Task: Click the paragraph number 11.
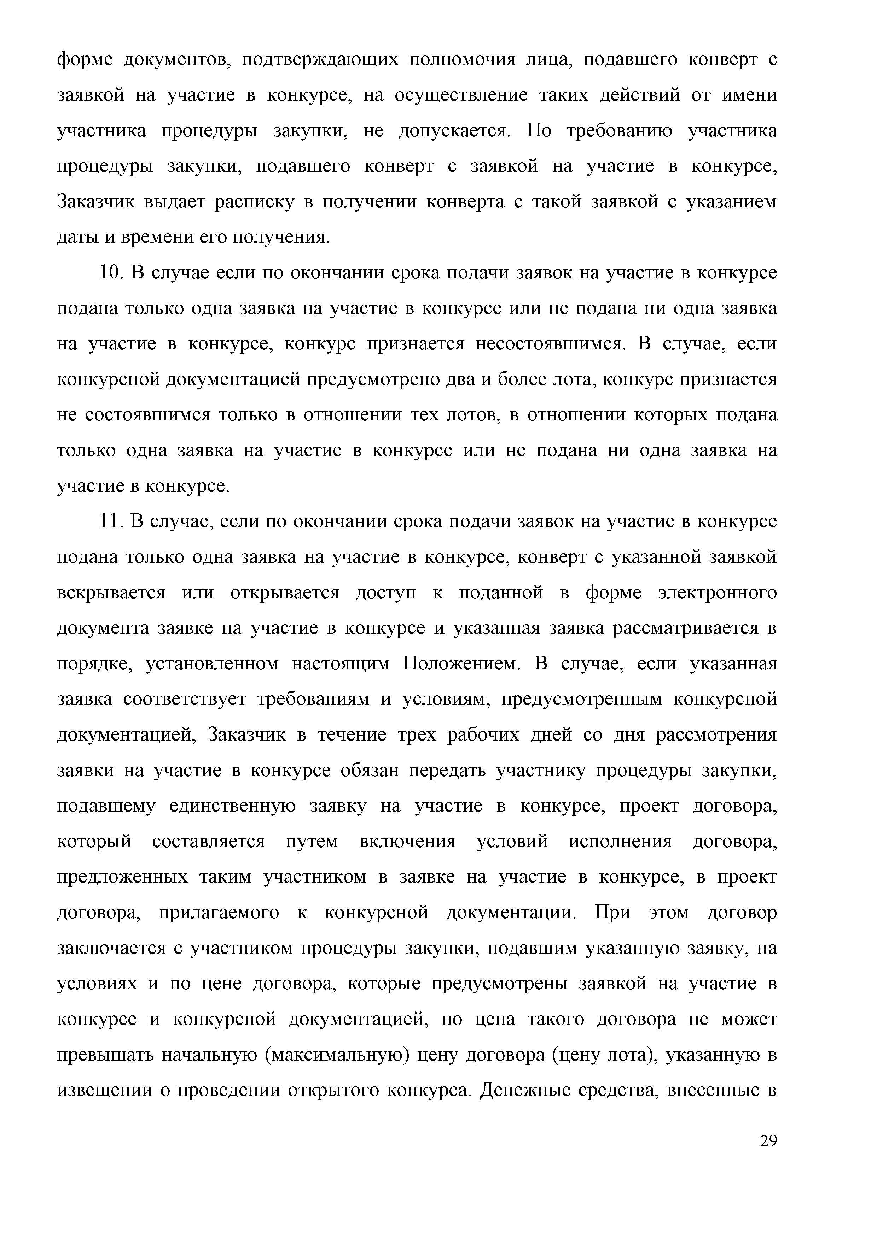pyautogui.click(x=110, y=521)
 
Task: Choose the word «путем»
pyautogui.click(x=312, y=841)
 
